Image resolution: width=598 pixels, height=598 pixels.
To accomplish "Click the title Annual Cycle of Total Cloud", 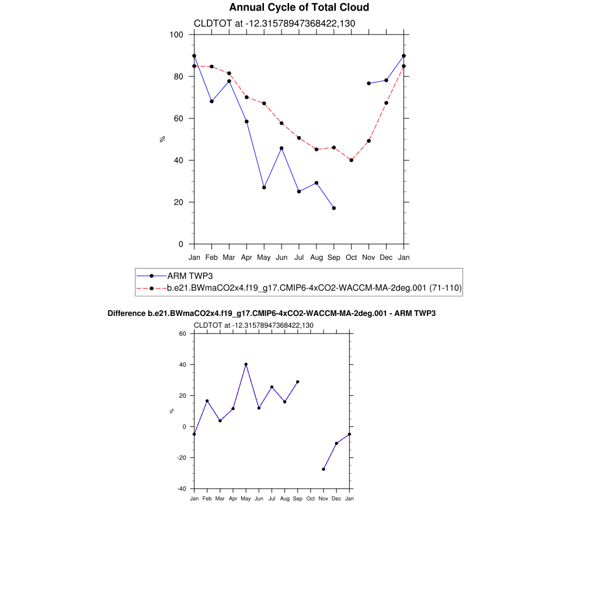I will click(x=299, y=8).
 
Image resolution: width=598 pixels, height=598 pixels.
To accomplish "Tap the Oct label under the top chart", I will click(x=351, y=257).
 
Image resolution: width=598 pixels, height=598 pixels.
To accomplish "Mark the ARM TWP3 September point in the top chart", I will click(x=333, y=208).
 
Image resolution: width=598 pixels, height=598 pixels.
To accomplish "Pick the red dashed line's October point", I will click(x=351, y=160).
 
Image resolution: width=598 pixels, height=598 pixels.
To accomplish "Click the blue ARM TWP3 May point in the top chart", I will click(x=264, y=187).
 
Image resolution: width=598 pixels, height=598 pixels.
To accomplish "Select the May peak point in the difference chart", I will click(x=246, y=364).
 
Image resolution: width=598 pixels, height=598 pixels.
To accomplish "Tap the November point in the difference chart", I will click(x=324, y=469).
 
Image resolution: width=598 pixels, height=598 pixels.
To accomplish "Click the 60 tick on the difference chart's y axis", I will click(x=182, y=334).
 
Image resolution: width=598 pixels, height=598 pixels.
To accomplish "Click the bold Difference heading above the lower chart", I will click(x=272, y=314).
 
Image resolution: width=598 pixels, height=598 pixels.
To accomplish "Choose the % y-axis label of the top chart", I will click(x=162, y=139).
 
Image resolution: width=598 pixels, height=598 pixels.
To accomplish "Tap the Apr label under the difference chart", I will click(x=232, y=499).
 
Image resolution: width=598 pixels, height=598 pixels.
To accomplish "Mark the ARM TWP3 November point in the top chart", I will click(x=368, y=84).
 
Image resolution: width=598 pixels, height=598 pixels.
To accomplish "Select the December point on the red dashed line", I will click(x=386, y=103).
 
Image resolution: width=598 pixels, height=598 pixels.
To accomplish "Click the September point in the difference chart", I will click(x=298, y=382).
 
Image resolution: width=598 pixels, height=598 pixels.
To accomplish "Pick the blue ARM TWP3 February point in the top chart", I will click(x=211, y=102).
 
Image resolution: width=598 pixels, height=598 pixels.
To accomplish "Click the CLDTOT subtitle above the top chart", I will click(x=274, y=23).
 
